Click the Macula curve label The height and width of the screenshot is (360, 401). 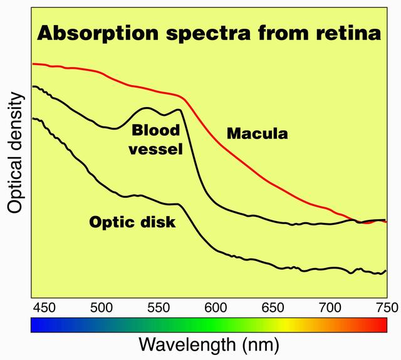[x=257, y=133]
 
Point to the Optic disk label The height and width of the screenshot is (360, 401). [x=132, y=222]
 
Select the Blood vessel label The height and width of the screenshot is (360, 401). [x=156, y=140]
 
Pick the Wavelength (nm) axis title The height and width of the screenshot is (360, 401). [x=208, y=344]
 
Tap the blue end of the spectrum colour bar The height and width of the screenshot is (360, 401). [x=36, y=324]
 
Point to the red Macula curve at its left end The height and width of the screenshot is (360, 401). [x=34, y=64]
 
